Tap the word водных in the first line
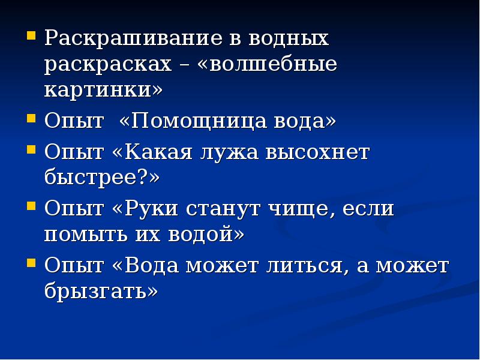288,40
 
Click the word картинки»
103,91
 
